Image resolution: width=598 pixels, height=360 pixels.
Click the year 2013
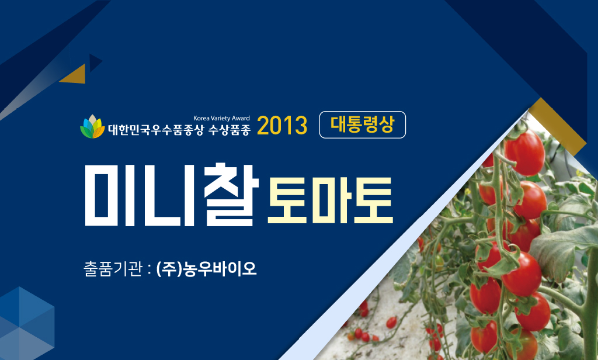[282, 125]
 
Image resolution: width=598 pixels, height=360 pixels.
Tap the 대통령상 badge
[362, 125]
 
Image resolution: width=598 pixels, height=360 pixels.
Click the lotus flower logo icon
[92, 126]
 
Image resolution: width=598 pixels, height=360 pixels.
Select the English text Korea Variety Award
[221, 119]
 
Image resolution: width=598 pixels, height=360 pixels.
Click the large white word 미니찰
[172, 194]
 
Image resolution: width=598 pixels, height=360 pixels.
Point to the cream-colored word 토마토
[331, 200]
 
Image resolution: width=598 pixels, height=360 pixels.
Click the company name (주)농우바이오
[206, 269]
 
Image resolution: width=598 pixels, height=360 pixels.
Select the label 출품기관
[113, 269]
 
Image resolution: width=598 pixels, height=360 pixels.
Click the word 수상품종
[229, 130]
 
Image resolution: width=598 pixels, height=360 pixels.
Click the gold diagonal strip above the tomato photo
[557, 126]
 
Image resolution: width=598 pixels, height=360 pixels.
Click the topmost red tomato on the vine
[525, 153]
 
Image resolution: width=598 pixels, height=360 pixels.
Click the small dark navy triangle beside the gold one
[95, 63]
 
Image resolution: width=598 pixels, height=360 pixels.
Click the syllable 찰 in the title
[231, 194]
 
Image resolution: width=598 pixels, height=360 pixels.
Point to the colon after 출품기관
[149, 269]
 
